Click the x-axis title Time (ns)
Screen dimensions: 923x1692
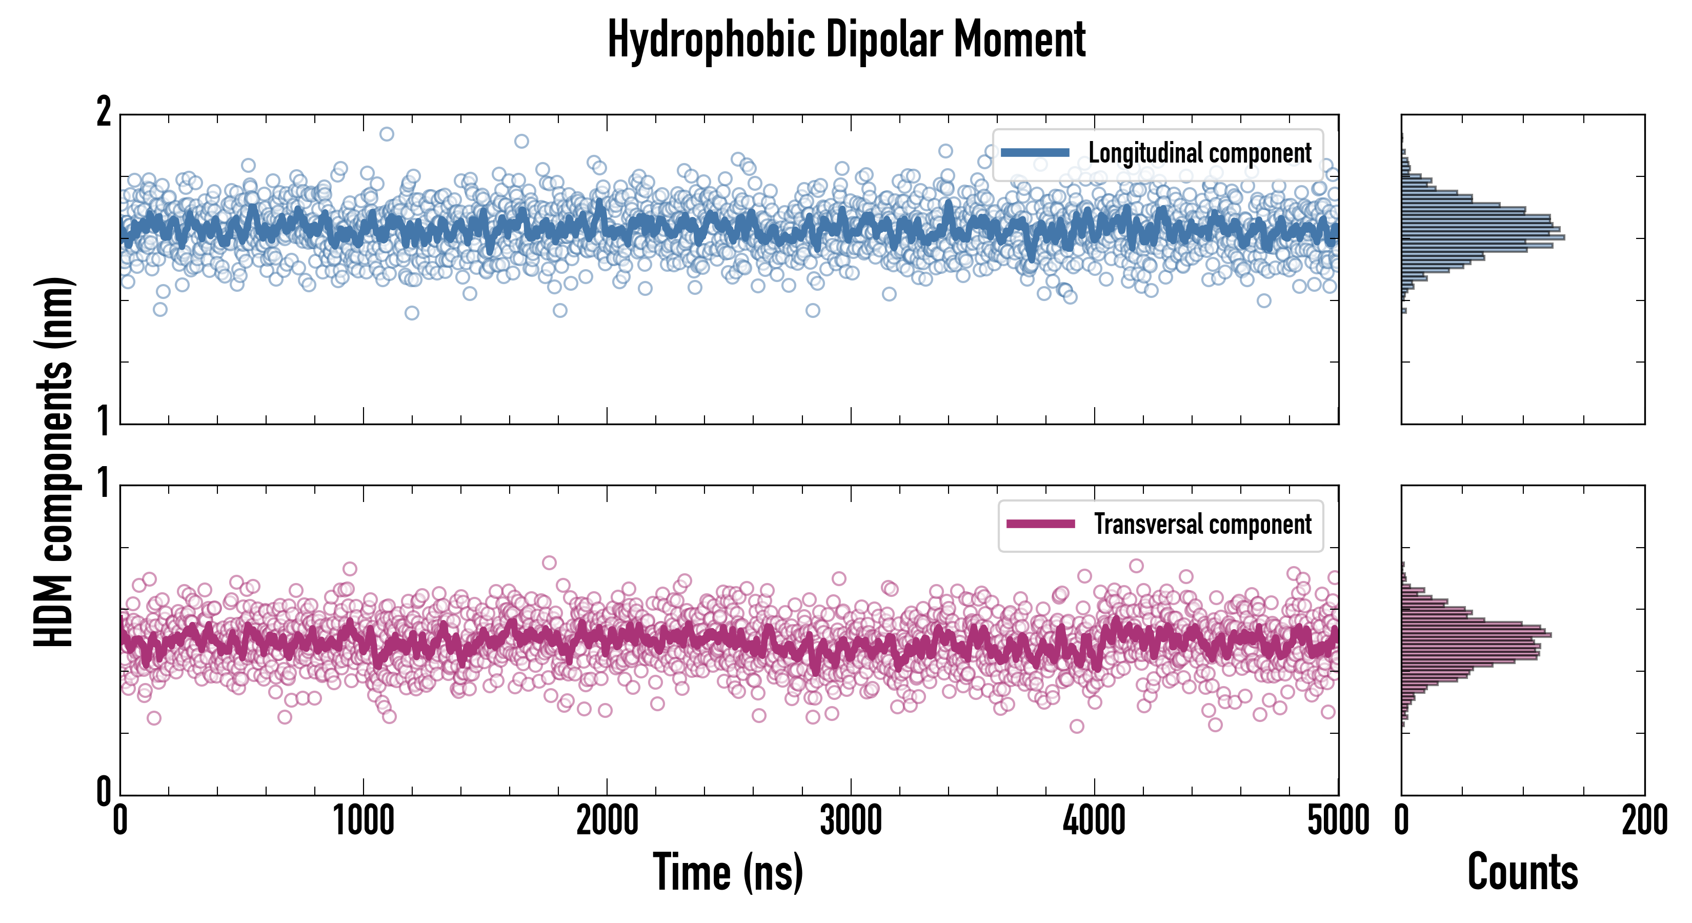tap(728, 872)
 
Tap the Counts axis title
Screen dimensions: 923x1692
tap(1522, 872)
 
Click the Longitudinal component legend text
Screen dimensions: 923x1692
tap(1199, 153)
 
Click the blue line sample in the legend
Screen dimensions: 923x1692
tap(1035, 153)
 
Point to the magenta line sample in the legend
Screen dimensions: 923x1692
tap(1040, 524)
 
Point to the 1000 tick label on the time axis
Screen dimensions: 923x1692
tap(363, 821)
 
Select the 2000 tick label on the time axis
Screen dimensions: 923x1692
tap(607, 821)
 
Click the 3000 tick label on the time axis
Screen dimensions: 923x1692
tap(851, 821)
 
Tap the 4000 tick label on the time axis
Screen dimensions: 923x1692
tap(1094, 821)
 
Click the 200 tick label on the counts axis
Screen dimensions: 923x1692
tap(1644, 821)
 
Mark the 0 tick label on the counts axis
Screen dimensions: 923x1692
tap(1402, 821)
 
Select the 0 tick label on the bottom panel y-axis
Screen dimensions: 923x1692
tap(104, 792)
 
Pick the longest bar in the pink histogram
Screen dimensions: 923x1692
tap(1476, 635)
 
